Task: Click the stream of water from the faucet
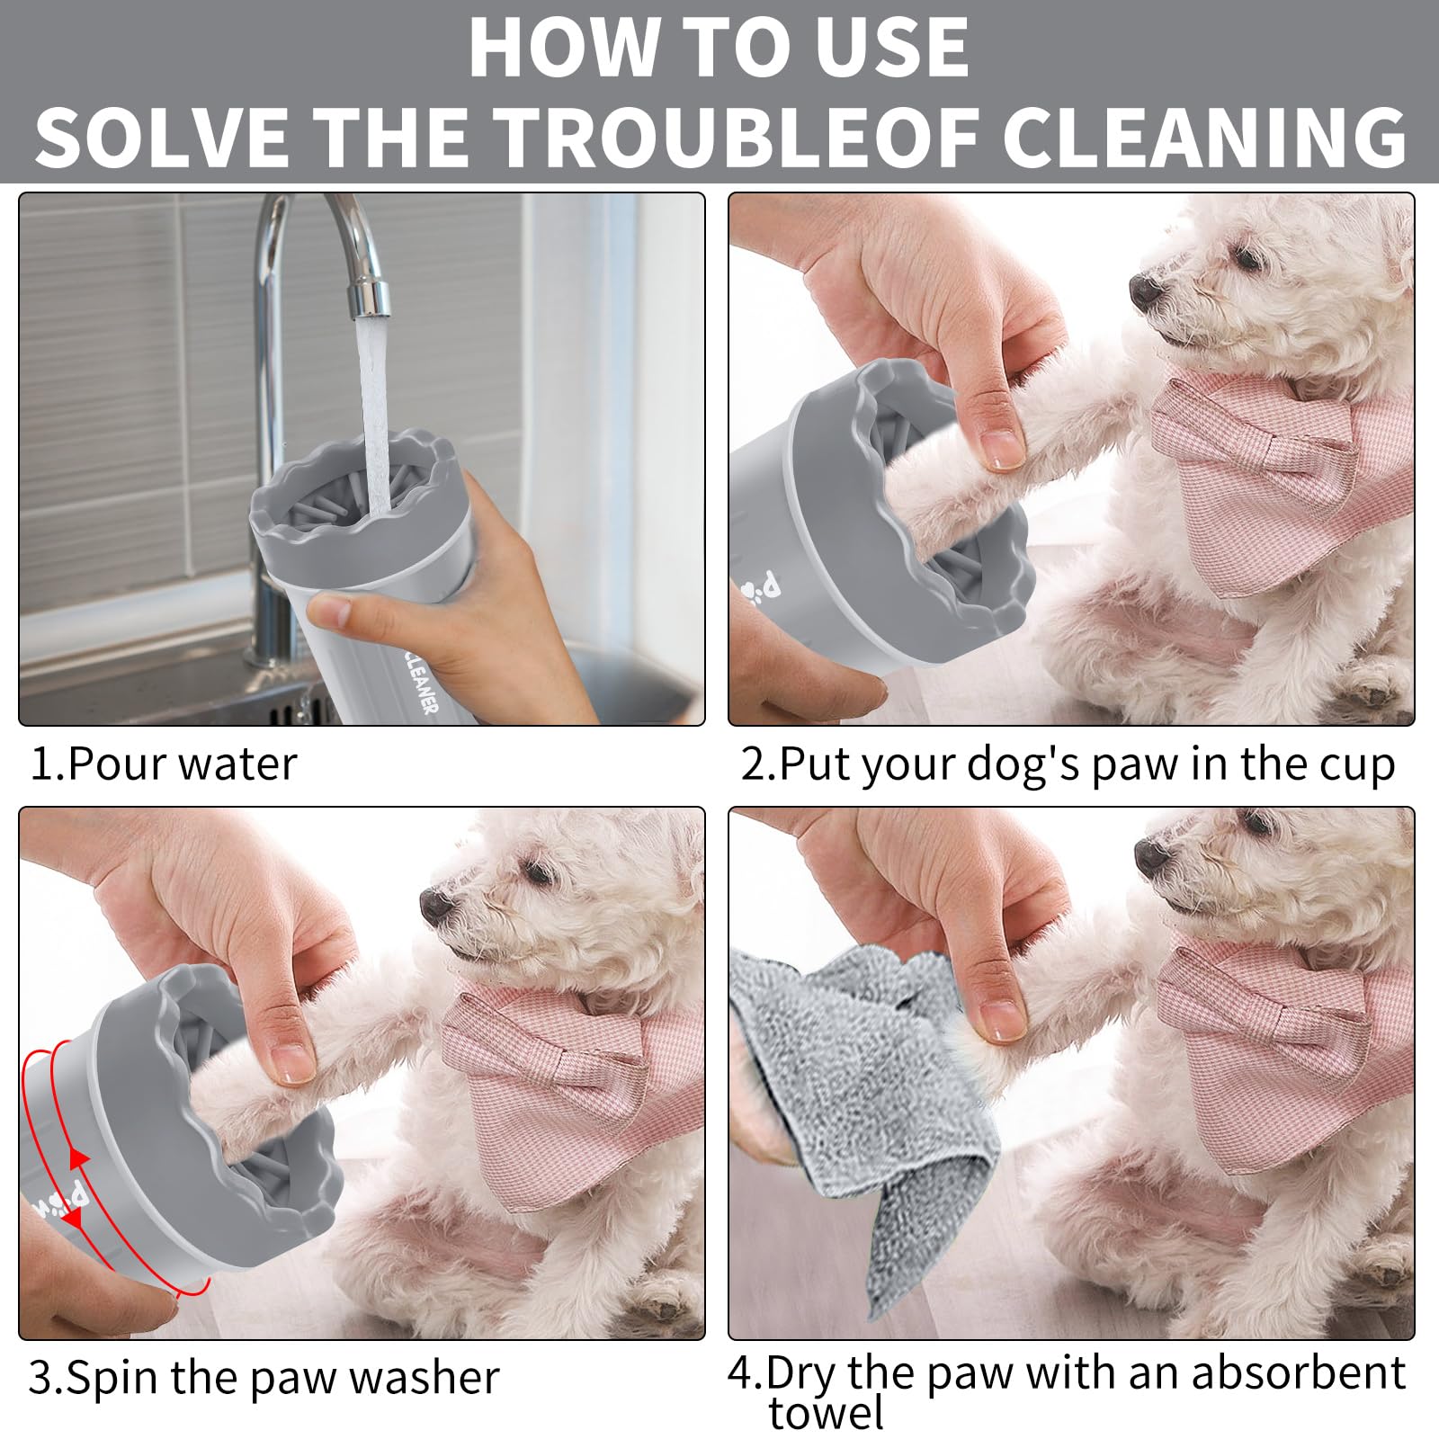click(x=375, y=405)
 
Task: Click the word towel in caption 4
click(x=826, y=1414)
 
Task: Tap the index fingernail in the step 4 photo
click(x=997, y=1019)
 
